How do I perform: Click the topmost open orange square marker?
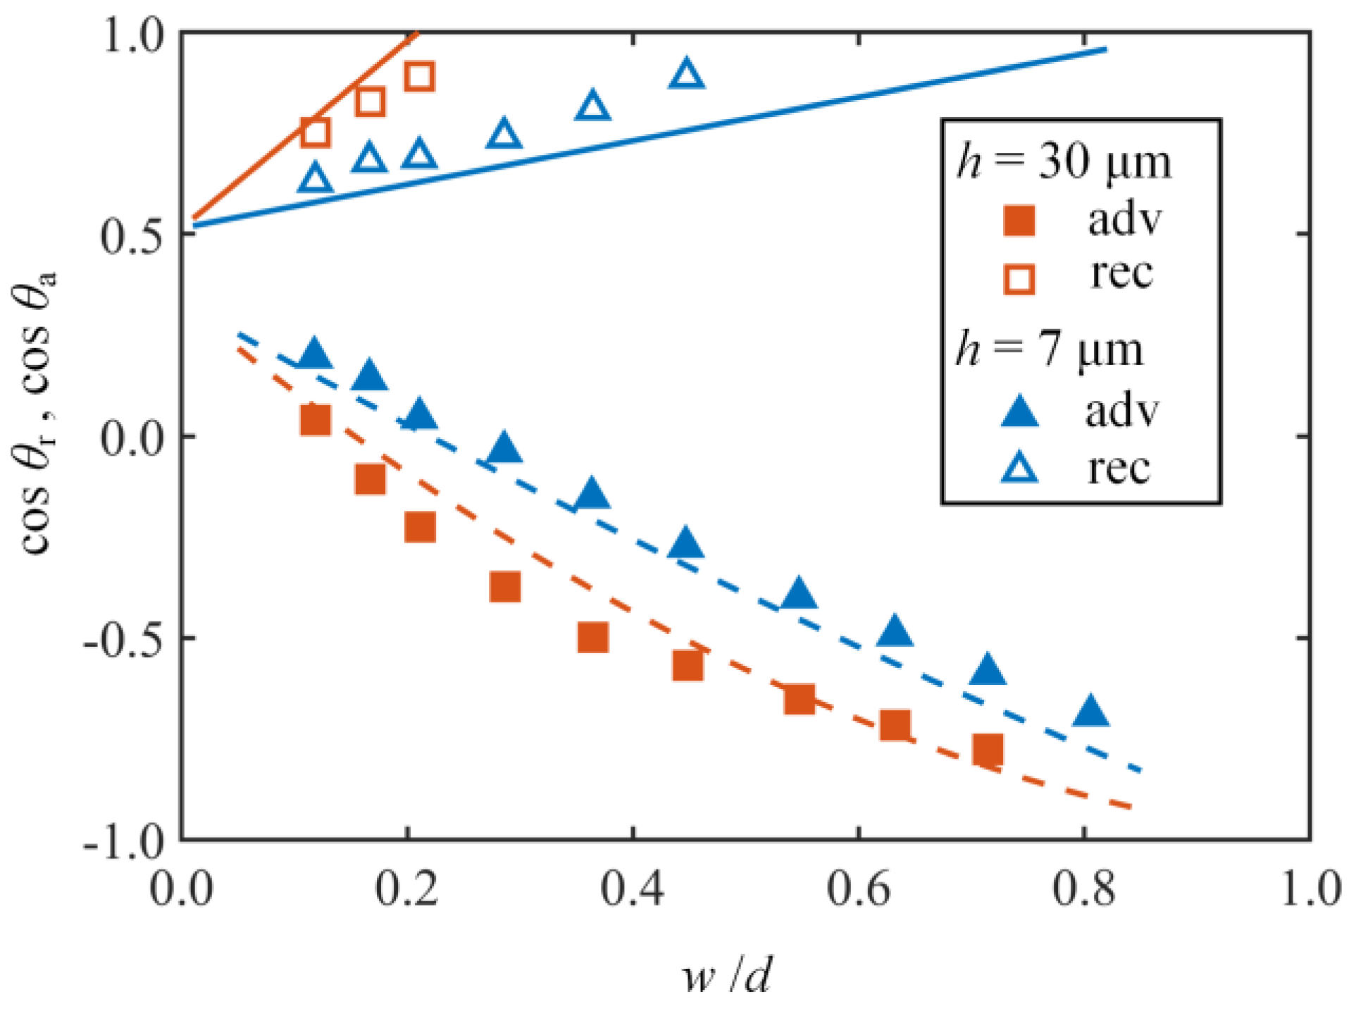click(420, 76)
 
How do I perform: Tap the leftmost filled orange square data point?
click(315, 420)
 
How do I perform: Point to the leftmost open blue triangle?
click(315, 179)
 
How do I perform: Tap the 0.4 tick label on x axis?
click(633, 889)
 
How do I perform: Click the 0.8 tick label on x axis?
click(1083, 889)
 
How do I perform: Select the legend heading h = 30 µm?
click(1064, 162)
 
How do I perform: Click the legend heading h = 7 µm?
click(1050, 350)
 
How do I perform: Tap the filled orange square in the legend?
click(1019, 221)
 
